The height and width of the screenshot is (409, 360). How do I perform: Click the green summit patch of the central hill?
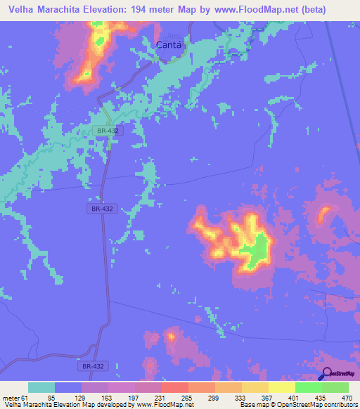(257, 249)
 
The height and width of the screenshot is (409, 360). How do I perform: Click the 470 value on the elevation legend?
(347, 398)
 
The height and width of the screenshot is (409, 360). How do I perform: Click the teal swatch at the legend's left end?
(41, 387)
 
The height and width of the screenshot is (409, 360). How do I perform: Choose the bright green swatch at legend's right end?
(335, 387)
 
